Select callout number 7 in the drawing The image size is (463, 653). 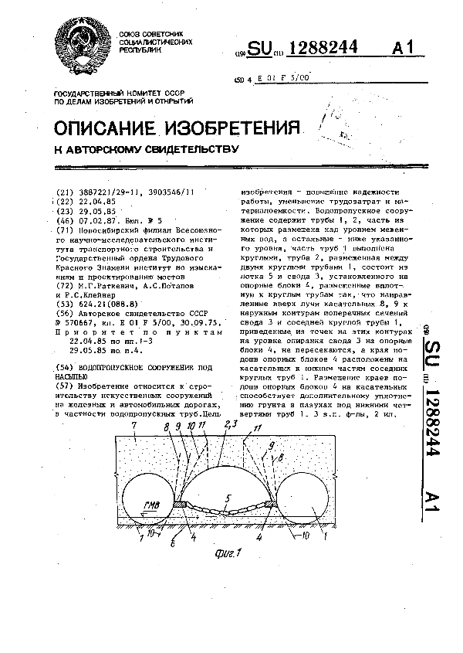point(134,426)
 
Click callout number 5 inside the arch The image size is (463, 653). point(228,498)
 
